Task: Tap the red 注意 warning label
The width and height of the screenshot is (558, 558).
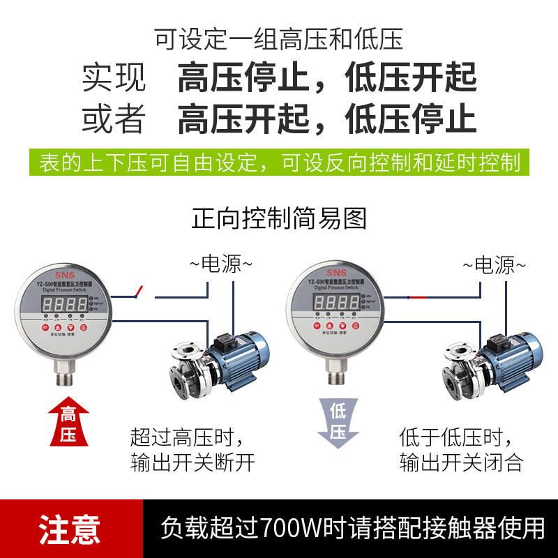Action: [x=70, y=529]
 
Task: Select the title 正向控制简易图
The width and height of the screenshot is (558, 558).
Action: [x=279, y=218]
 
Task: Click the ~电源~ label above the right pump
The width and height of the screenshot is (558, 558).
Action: [x=494, y=264]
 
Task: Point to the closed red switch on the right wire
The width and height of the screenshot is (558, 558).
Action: [x=418, y=297]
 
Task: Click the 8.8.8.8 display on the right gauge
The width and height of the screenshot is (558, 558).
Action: [x=337, y=303]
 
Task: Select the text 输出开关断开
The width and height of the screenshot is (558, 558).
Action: [x=193, y=462]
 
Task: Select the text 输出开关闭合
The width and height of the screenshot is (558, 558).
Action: [x=461, y=462]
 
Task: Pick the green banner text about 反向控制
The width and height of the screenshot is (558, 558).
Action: [x=279, y=163]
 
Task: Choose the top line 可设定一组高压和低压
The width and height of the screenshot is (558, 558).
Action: [x=279, y=39]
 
